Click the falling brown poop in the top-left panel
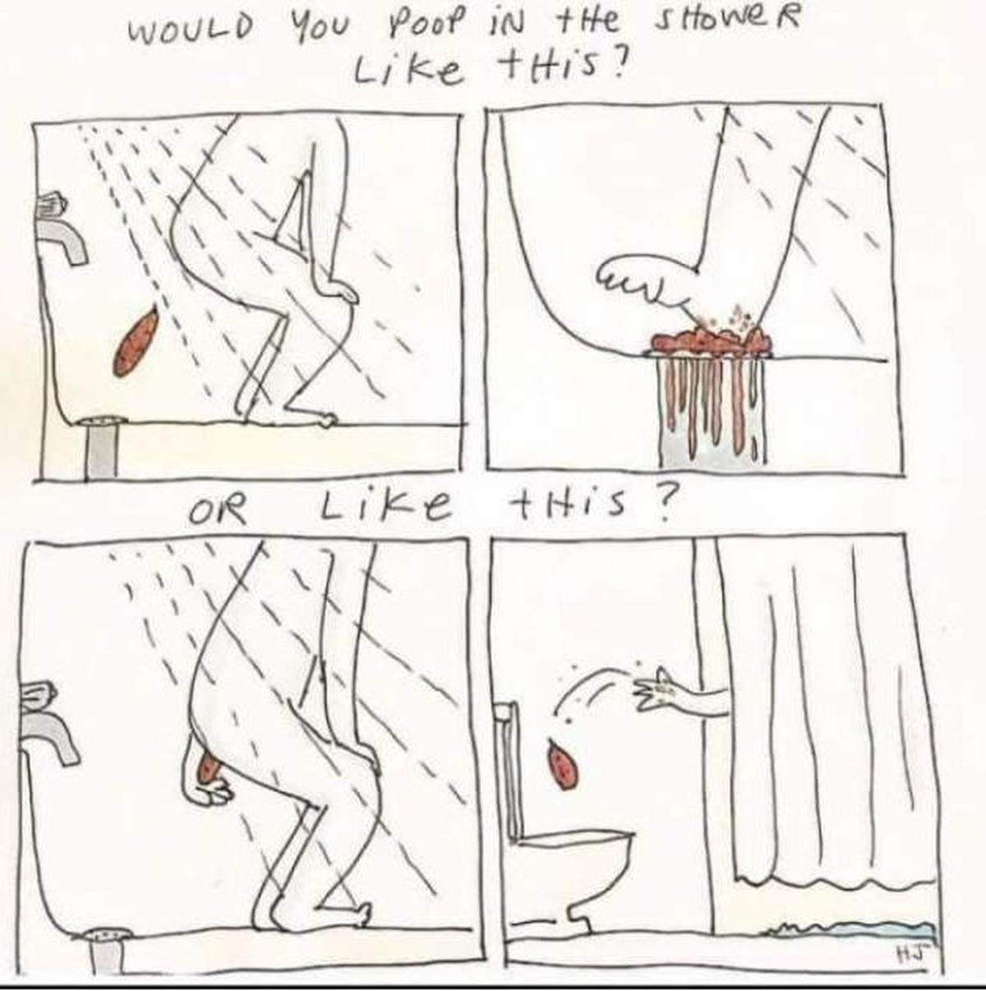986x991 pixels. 136,340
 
